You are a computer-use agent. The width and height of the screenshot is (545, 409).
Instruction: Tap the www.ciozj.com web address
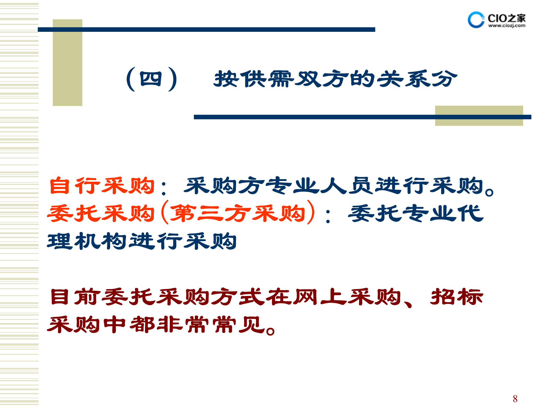coord(507,26)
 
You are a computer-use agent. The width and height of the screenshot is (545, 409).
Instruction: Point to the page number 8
coord(515,399)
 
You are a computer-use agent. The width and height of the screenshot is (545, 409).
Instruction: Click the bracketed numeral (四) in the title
coord(152,79)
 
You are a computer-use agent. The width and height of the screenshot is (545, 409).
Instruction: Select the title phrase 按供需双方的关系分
coord(335,79)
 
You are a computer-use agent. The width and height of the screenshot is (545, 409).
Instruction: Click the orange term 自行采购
coord(102,186)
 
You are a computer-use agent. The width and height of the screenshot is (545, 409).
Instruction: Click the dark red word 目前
coord(75,297)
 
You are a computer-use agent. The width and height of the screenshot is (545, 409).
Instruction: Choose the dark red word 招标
coord(457,297)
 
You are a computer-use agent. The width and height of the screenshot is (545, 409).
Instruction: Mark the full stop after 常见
coord(271,331)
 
